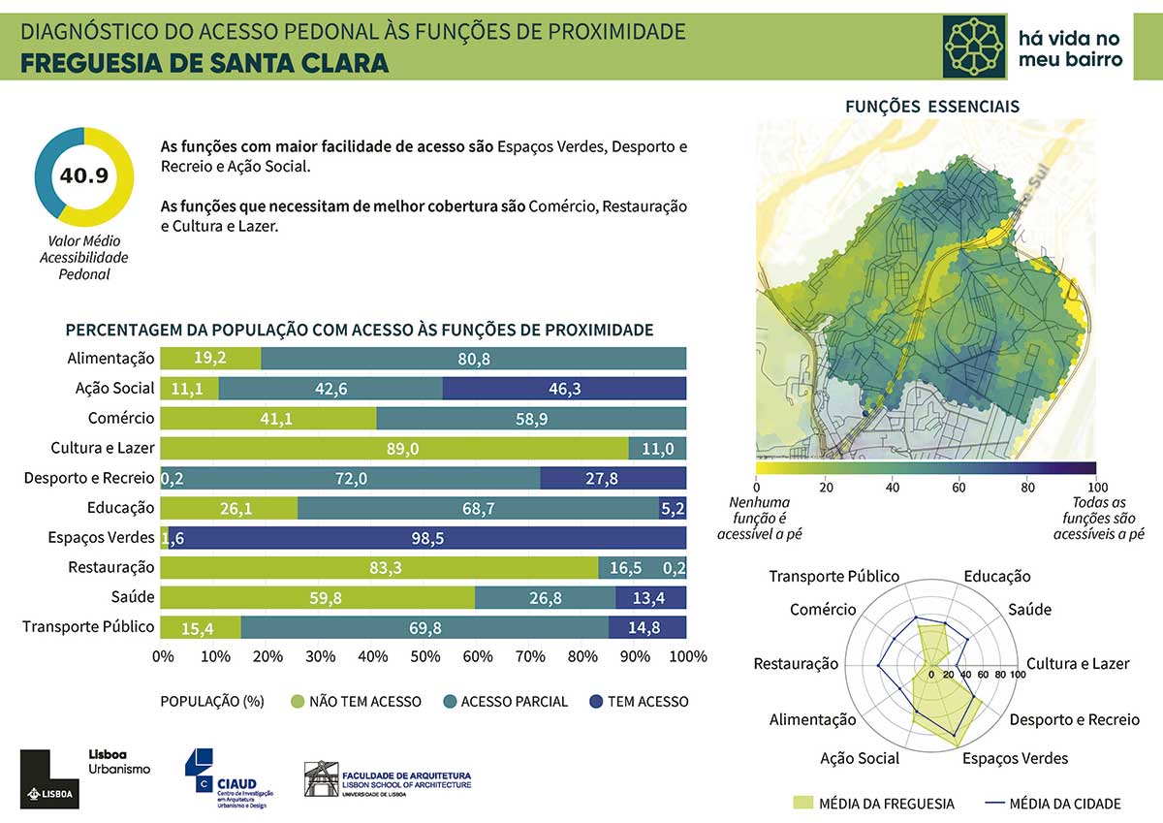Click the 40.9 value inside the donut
(83, 175)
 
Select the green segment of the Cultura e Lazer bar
(394, 448)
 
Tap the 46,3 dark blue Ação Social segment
(564, 388)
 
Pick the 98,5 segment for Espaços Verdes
(427, 538)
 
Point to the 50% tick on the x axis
(424, 657)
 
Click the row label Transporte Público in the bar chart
(88, 627)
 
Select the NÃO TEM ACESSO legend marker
(297, 701)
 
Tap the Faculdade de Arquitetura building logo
(321, 778)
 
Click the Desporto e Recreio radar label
(1074, 720)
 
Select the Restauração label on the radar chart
(796, 664)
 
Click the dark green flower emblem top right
(975, 46)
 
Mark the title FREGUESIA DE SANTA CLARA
(204, 63)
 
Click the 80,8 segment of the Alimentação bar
(474, 358)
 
